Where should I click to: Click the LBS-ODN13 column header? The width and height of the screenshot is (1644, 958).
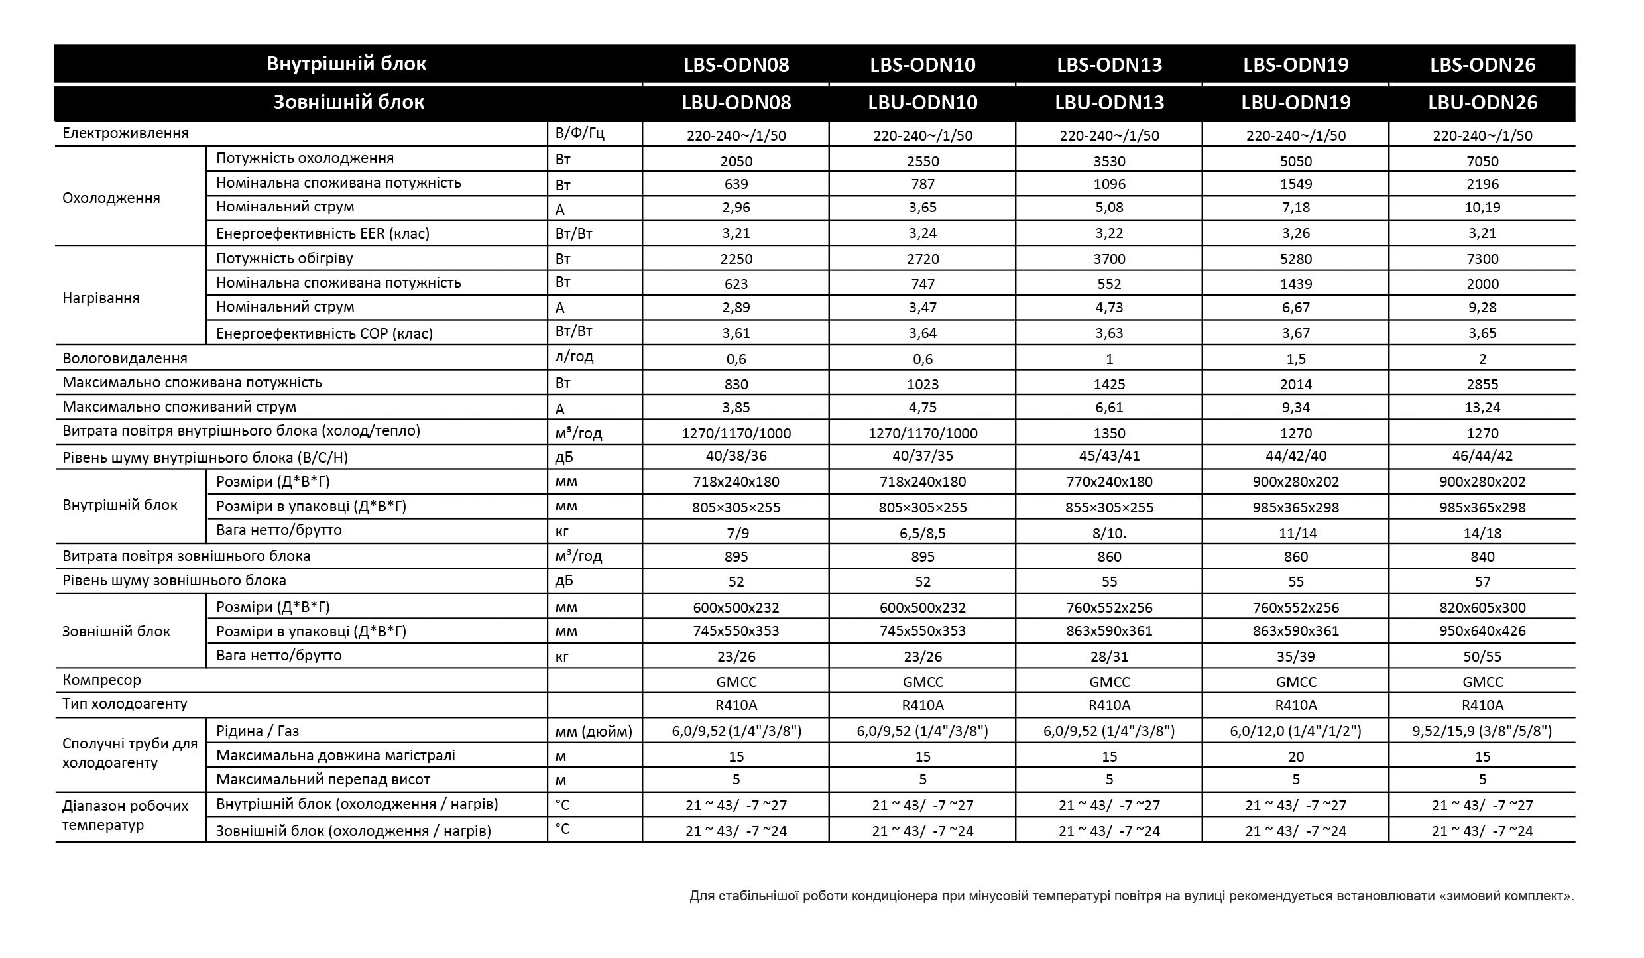[1109, 65]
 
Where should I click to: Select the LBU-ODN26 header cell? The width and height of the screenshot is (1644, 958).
[1482, 103]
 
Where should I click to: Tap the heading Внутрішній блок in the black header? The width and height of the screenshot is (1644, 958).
[346, 64]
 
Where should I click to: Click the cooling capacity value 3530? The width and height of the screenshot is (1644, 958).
[1109, 161]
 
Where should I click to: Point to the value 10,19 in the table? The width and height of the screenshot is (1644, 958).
[1482, 208]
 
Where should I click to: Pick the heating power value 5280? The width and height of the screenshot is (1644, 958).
[1295, 259]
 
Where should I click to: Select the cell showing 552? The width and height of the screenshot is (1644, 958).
[1109, 284]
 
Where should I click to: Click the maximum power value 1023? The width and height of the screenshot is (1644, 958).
[922, 385]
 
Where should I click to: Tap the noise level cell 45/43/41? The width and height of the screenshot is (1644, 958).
[1109, 456]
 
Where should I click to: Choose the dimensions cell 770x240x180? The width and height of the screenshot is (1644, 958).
[1109, 482]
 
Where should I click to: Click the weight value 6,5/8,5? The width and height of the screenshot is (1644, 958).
[922, 533]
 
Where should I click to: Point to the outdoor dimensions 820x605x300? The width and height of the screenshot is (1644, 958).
[1482, 608]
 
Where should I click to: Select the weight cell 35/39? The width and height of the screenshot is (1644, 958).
[1295, 657]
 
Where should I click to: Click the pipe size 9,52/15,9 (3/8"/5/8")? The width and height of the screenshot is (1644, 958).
[1482, 731]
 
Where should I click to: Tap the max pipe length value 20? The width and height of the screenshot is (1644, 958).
[1295, 757]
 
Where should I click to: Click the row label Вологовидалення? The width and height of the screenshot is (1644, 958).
[125, 359]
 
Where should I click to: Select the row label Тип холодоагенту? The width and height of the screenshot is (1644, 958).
[125, 704]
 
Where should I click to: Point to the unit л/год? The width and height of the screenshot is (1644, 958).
[574, 357]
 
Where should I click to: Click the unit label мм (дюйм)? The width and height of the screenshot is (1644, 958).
[593, 732]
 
